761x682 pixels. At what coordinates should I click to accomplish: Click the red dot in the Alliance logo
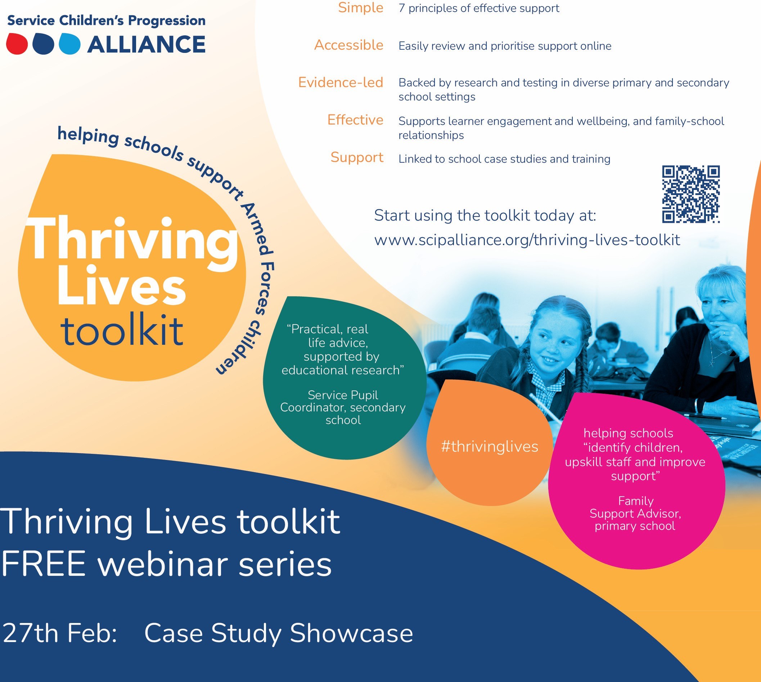point(17,44)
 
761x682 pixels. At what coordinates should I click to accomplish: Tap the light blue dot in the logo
point(70,44)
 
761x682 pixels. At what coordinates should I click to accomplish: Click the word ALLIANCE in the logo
point(146,44)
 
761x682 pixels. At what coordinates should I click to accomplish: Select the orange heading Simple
point(361,8)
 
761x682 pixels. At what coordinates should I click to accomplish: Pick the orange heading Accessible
point(348,45)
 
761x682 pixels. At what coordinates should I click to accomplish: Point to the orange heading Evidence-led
point(341,82)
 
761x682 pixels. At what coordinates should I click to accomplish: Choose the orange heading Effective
point(355,120)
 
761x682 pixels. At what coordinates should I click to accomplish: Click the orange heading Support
point(357,158)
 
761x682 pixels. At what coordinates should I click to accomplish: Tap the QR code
point(691,194)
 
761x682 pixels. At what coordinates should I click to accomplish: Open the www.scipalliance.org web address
point(527,240)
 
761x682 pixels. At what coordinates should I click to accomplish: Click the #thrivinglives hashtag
point(490,446)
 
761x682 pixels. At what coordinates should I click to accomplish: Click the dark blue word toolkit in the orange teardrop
point(122,330)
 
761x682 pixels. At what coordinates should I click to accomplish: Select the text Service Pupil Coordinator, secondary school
point(343,408)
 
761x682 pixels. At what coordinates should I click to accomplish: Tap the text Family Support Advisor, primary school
point(635,513)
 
